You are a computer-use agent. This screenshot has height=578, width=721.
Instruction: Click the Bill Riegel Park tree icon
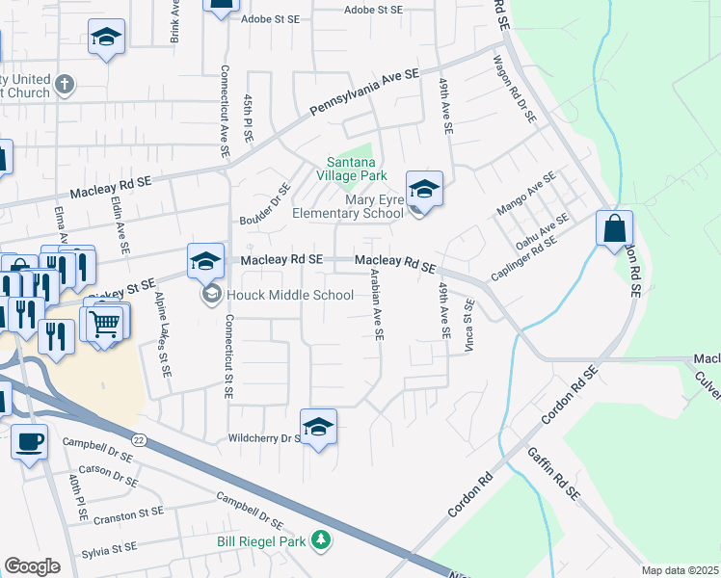323,542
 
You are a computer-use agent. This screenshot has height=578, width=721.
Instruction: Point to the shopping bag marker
614,229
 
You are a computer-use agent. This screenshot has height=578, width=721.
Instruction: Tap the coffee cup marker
29,441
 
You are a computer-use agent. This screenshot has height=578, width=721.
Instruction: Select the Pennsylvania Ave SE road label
364,93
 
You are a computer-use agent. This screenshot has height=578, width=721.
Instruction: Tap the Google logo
32,566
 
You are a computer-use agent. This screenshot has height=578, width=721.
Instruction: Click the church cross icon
66,85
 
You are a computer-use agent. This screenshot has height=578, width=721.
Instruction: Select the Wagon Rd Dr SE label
514,89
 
